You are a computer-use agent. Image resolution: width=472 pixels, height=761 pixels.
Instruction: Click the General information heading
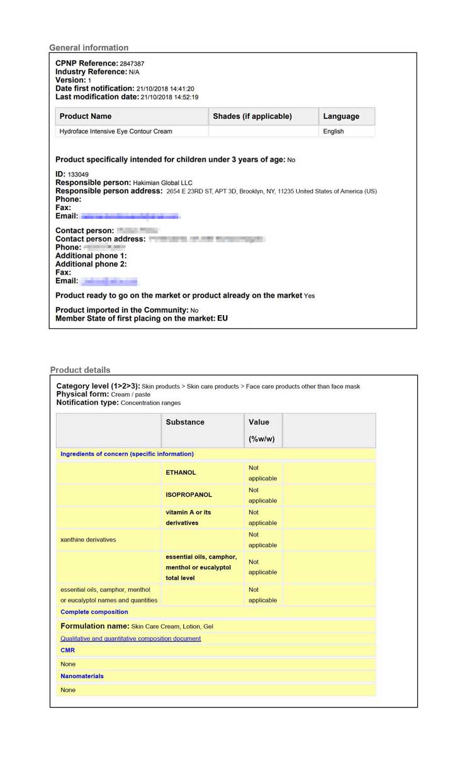[89, 48]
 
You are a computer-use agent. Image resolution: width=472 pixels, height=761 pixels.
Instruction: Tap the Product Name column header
[86, 116]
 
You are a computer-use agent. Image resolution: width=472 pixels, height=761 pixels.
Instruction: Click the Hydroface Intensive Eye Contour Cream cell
[116, 131]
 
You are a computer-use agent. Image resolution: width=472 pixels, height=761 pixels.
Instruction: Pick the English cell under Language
[334, 131]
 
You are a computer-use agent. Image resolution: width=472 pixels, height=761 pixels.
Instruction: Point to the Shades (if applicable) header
[252, 116]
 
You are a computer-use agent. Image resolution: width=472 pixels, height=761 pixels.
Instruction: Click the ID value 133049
[78, 174]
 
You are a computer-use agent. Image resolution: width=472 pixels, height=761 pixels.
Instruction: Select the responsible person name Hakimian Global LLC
[163, 182]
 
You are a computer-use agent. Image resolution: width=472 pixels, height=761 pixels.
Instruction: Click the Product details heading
[80, 370]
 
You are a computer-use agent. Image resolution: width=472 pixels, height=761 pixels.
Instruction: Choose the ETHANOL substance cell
[181, 472]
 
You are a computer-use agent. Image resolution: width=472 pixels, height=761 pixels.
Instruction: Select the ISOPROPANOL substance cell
[189, 495]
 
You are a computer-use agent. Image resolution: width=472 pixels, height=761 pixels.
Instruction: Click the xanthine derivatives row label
[88, 540]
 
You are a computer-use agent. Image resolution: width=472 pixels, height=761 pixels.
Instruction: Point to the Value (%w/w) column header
[259, 430]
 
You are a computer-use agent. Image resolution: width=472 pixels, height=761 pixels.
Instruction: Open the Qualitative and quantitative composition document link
[131, 638]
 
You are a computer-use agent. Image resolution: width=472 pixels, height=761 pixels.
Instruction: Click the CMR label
[67, 650]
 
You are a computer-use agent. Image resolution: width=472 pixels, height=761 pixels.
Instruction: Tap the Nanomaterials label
[82, 676]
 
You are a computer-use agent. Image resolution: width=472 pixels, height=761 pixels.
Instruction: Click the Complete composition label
[94, 612]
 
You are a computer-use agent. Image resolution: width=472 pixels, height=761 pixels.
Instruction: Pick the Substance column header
[185, 422]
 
